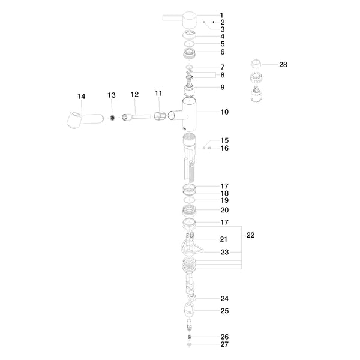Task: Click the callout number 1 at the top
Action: point(221,16)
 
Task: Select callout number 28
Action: point(283,65)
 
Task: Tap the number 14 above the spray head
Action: point(81,97)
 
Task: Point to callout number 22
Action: point(250,235)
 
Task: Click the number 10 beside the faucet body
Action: point(224,112)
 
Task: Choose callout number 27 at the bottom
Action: point(224,344)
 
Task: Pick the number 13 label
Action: point(112,95)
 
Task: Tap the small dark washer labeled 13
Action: point(112,118)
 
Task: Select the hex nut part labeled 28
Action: point(256,64)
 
